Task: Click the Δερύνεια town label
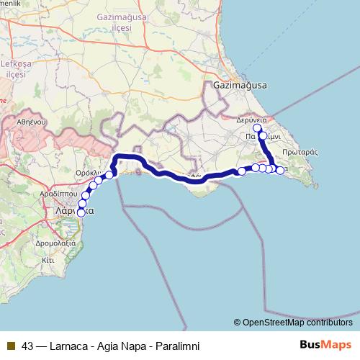tap(252, 120)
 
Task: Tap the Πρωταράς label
tap(300, 152)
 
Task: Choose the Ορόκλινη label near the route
tap(91, 174)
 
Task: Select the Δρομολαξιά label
tap(55, 244)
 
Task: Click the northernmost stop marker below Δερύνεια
tap(257, 128)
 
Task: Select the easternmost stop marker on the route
tap(280, 171)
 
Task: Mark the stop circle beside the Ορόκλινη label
tap(109, 174)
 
